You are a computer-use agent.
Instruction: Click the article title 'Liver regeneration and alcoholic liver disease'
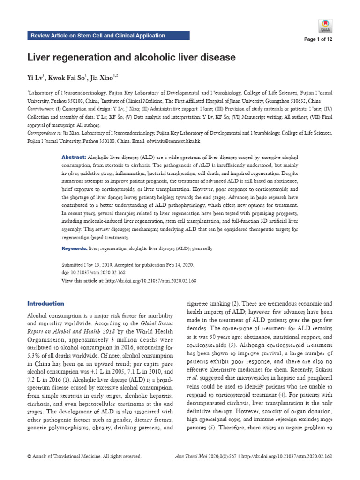132,58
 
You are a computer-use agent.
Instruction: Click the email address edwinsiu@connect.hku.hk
175,141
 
